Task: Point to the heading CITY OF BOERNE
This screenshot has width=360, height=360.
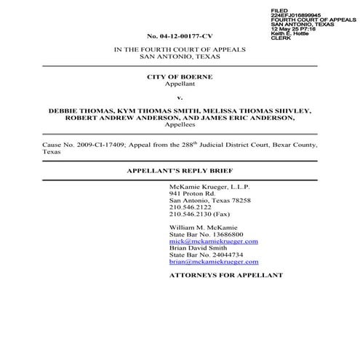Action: click(x=179, y=76)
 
